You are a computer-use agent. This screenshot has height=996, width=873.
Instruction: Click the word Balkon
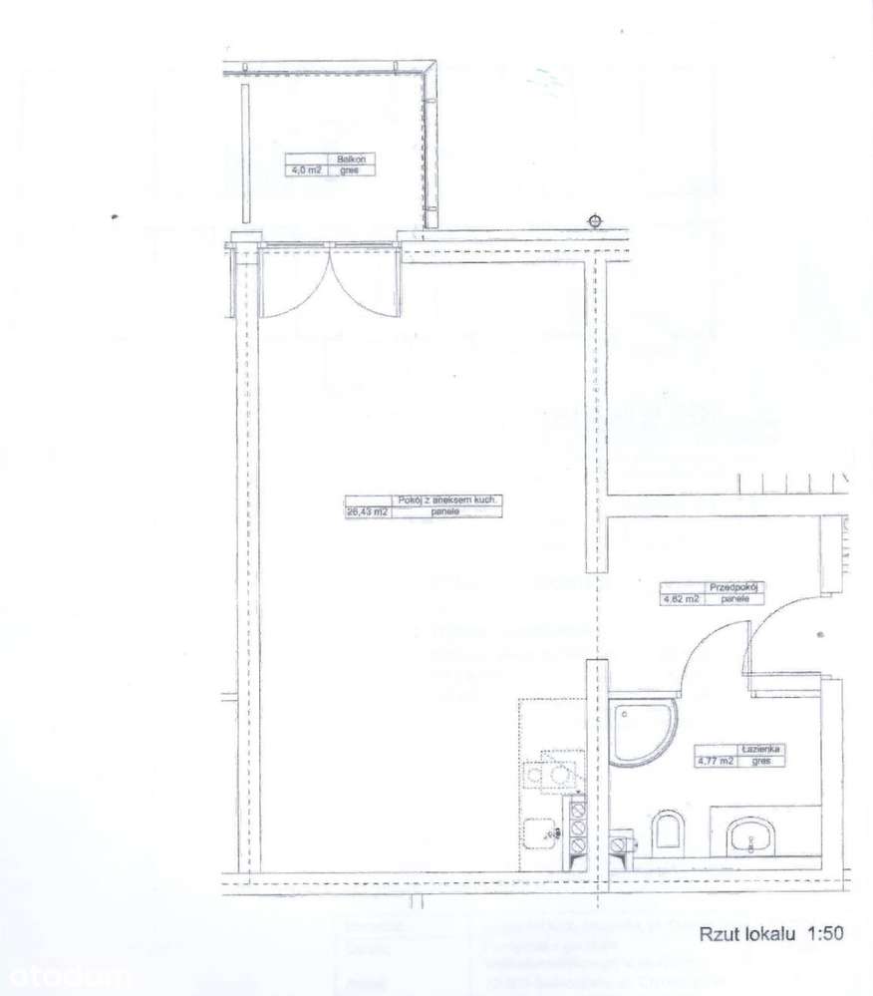[x=349, y=159]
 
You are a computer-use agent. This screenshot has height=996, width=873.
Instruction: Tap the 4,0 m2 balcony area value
[x=304, y=170]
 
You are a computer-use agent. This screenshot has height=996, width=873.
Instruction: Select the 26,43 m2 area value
[x=367, y=511]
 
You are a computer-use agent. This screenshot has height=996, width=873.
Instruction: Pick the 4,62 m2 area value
[x=682, y=600]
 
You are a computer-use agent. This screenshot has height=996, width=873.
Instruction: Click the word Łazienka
[x=758, y=748]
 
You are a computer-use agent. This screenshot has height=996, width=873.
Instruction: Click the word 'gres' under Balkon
[x=350, y=170]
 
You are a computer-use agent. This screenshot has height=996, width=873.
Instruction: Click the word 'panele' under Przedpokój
[x=734, y=600]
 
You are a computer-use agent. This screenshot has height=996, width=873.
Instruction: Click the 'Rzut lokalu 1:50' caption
[x=770, y=934]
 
